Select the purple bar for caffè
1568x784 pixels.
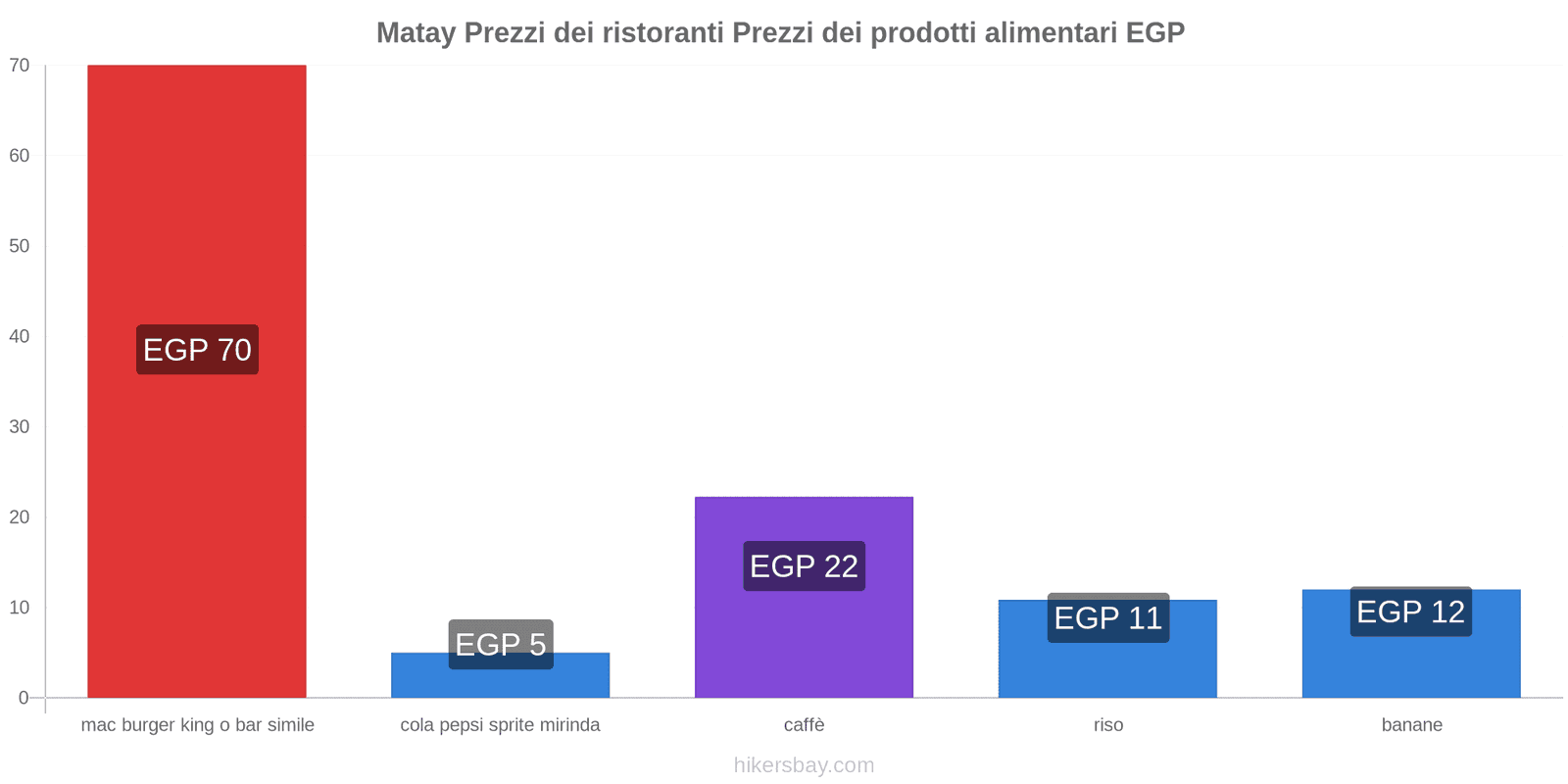pyautogui.click(x=804, y=637)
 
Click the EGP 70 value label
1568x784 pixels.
pyautogui.click(x=197, y=350)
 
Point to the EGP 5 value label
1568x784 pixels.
pyautogui.click(x=501, y=644)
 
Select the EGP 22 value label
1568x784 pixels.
pyautogui.click(x=804, y=566)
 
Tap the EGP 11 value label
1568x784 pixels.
pyautogui.click(x=1107, y=618)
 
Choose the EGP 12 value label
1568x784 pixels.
pyautogui.click(x=1410, y=612)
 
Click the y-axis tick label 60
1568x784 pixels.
pyautogui.click(x=20, y=156)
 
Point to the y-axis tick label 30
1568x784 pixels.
pyautogui.click(x=20, y=426)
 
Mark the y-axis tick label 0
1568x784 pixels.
pyautogui.click(x=24, y=698)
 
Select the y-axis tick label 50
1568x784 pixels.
pyautogui.click(x=20, y=246)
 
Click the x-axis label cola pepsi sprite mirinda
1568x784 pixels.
pyautogui.click(x=500, y=725)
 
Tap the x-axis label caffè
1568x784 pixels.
pyautogui.click(x=804, y=725)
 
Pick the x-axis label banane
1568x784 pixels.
pyautogui.click(x=1411, y=725)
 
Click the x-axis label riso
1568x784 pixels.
pyautogui.click(x=1108, y=725)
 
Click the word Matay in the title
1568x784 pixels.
pyautogui.click(x=416, y=33)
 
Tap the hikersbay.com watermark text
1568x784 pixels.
pyautogui.click(x=804, y=765)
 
